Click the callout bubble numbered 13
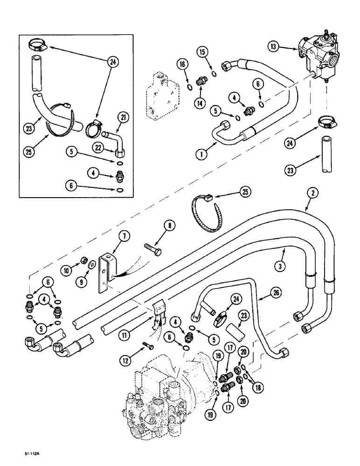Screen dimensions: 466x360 [x=274, y=46]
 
